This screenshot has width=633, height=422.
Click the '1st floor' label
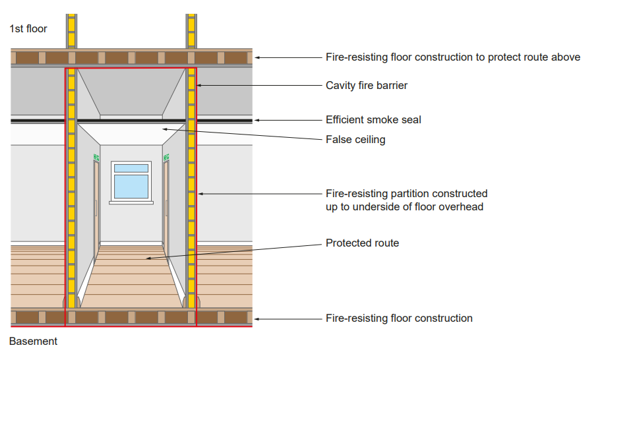28,28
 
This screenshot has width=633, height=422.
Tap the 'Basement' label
33,342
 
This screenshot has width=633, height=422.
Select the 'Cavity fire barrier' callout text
367,86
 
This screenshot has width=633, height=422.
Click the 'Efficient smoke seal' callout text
373,120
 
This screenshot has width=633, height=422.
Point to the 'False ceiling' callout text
355,140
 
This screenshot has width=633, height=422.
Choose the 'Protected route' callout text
363,243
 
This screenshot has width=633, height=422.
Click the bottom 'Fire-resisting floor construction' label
400,318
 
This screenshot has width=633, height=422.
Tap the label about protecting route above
453,57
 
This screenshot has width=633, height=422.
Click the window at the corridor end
131,181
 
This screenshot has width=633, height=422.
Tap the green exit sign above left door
96,157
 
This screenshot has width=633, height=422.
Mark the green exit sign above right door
166,157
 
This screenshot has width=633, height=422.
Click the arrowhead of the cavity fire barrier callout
199,85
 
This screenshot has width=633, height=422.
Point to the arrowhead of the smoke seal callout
256,120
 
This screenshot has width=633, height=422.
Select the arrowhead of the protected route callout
148,258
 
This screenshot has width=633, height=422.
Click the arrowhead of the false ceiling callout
165,129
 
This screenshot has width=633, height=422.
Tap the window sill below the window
131,202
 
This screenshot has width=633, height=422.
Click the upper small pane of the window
131,168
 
